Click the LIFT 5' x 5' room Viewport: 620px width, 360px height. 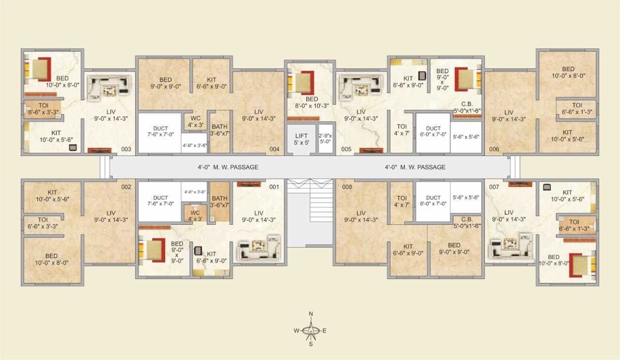[301, 139]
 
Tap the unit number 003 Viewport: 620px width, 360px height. [126, 149]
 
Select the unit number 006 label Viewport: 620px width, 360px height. [494, 149]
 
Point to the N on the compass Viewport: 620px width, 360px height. [311, 314]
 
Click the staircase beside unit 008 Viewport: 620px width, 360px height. [310, 201]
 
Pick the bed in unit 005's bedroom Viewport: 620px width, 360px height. [301, 82]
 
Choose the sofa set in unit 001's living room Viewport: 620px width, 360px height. [259, 248]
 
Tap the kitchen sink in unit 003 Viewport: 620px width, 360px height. [73, 148]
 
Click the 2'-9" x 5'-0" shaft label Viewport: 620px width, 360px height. [325, 139]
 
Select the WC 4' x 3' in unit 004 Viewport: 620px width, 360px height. [196, 122]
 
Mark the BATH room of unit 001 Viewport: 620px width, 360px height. [220, 202]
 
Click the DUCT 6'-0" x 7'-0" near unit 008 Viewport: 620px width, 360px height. [433, 201]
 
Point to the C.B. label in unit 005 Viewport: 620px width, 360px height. [467, 104]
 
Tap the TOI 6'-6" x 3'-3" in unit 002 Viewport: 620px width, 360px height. [43, 223]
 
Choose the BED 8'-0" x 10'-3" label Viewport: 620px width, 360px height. [312, 102]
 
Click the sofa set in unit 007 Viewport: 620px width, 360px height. [511, 247]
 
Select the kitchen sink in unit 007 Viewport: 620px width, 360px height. [547, 188]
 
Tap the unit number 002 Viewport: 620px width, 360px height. [126, 187]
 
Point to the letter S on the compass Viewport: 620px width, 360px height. [311, 344]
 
